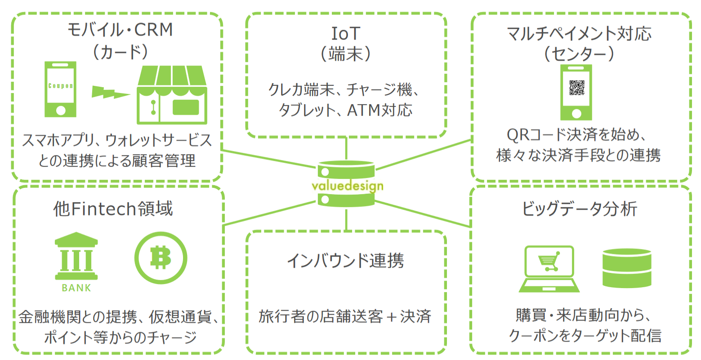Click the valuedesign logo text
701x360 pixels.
[x=347, y=186]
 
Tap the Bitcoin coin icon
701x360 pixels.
[x=161, y=258]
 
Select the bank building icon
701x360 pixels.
[x=76, y=257]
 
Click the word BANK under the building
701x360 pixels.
[x=76, y=288]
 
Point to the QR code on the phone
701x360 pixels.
[x=576, y=87]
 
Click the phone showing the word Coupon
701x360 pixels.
[x=61, y=89]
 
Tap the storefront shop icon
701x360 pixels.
[x=172, y=94]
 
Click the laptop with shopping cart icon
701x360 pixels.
[x=549, y=269]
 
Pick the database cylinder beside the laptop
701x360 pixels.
[x=626, y=268]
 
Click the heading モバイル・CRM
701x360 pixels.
[x=120, y=30]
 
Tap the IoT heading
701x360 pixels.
[x=346, y=33]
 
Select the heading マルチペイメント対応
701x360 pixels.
[x=579, y=34]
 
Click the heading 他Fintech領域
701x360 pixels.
[x=113, y=209]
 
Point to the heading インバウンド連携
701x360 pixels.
[x=345, y=261]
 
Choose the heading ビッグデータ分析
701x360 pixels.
[x=580, y=209]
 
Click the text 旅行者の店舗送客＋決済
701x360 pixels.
[x=345, y=316]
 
